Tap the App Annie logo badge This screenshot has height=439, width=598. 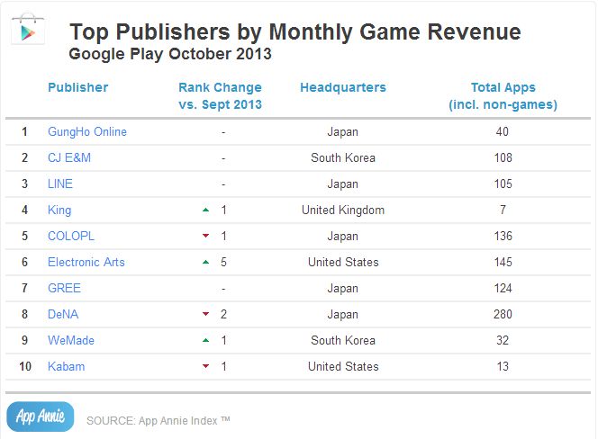point(40,417)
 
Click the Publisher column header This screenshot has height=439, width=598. point(77,87)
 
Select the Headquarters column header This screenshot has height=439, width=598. point(342,87)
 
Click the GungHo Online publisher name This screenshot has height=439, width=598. point(87,131)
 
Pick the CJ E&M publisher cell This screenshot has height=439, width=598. point(69,157)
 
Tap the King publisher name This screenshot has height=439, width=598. point(59,210)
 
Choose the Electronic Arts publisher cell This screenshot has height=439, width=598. point(86,262)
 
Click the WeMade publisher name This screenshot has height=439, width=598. point(71,340)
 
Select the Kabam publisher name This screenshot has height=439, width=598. point(66,366)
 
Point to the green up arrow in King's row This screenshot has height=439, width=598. point(206,210)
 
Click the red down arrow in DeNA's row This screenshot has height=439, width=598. point(206,314)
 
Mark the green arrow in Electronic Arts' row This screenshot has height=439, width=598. point(206,262)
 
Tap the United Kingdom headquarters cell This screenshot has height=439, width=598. point(343,210)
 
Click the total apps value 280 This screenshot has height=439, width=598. point(503,314)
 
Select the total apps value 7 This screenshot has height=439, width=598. point(503,210)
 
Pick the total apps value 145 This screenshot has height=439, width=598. point(503,262)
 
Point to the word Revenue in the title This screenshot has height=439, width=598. point(475,32)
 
